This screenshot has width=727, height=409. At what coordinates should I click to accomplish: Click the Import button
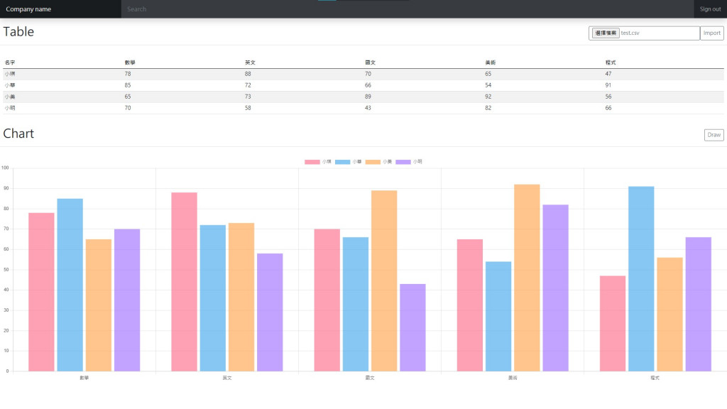point(711,33)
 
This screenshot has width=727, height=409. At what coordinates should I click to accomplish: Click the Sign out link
point(710,9)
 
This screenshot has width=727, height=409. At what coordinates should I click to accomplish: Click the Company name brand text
point(28,9)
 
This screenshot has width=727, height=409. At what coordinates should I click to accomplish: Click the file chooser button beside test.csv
point(605,33)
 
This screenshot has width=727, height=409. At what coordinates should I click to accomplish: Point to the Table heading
point(18,32)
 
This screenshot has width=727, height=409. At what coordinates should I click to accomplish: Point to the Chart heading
point(18,133)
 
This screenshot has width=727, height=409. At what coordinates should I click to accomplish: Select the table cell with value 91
point(608,85)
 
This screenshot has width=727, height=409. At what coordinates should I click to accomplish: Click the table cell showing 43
point(368,108)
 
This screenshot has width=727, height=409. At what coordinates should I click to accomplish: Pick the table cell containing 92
point(488,97)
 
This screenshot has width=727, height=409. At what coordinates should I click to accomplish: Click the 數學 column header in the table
point(129,62)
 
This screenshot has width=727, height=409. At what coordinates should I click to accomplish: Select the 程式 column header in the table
point(610,62)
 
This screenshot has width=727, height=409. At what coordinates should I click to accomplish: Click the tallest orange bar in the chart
point(527,277)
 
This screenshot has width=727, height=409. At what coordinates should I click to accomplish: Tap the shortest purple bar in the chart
point(412,327)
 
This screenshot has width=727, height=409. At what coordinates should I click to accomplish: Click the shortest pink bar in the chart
point(612,323)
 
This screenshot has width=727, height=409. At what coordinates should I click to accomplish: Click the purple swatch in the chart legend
point(403,162)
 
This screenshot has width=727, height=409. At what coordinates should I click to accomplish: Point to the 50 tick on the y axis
point(6,270)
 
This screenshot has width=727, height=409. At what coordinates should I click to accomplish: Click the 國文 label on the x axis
point(369,378)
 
